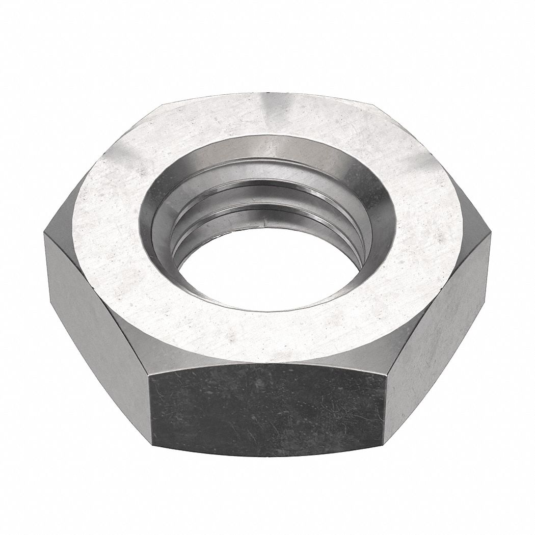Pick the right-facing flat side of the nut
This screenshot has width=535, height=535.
438,316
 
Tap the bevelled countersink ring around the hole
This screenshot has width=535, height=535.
377,214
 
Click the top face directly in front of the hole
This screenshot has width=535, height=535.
267,331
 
